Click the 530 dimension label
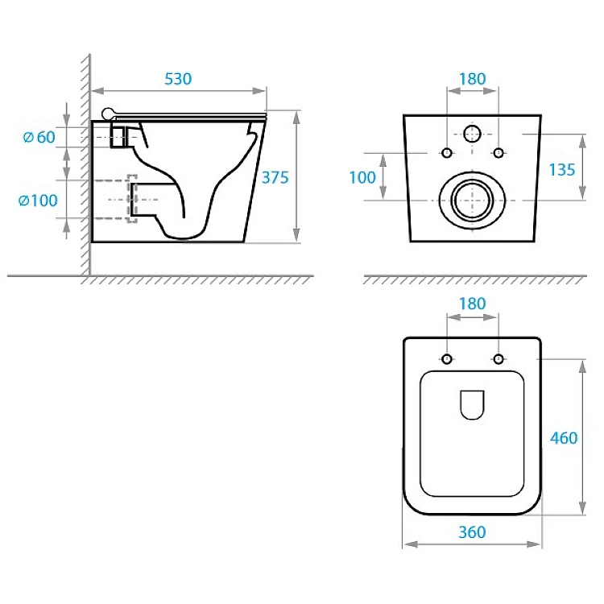178,79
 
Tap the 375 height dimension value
275,178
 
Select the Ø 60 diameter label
39,137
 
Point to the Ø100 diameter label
38,201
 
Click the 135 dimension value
562,170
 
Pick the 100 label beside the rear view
362,178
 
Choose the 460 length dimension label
564,438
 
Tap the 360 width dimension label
472,532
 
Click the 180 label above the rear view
472,79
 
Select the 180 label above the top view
472,304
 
